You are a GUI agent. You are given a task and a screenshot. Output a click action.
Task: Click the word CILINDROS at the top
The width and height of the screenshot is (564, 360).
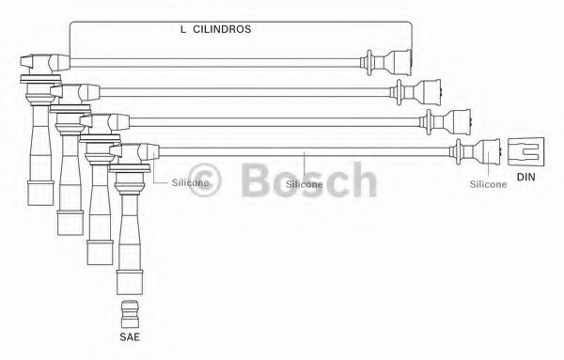(222, 29)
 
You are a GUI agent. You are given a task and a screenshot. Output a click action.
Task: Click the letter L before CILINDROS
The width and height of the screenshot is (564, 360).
(183, 29)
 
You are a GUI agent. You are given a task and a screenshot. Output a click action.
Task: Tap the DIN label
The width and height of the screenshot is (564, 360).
(525, 177)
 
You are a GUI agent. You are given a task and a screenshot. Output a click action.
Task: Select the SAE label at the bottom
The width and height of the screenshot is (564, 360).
(130, 337)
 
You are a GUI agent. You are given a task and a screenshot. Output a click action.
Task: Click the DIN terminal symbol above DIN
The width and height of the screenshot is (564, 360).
(525, 151)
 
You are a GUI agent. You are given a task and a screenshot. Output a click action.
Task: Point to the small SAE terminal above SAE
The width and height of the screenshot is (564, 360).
(130, 314)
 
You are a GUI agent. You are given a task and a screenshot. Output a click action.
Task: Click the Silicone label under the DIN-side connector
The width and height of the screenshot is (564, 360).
(488, 184)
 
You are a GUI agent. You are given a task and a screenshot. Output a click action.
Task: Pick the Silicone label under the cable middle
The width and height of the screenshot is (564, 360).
(305, 184)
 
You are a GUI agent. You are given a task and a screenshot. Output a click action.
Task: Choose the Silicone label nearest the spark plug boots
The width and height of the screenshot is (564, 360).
(190, 182)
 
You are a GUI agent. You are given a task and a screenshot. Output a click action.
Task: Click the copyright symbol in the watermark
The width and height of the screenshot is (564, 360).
(205, 180)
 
